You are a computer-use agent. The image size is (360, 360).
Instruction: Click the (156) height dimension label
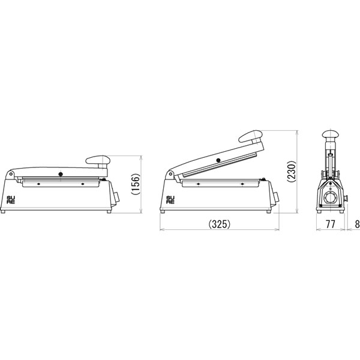pos(136,184)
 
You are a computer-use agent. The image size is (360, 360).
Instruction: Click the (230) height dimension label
pos(292,172)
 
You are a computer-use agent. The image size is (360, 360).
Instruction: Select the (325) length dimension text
pos(219,224)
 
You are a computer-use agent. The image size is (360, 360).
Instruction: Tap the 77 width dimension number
pos(331,224)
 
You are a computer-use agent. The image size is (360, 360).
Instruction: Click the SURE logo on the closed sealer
pos(11,200)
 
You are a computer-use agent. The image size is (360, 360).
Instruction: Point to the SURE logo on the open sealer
pos(170,200)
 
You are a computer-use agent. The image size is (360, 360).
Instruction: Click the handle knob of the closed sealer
pos(98,160)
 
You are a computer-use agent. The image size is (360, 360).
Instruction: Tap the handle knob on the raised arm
pos(250,136)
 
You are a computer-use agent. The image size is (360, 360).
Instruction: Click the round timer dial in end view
pos(330,198)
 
